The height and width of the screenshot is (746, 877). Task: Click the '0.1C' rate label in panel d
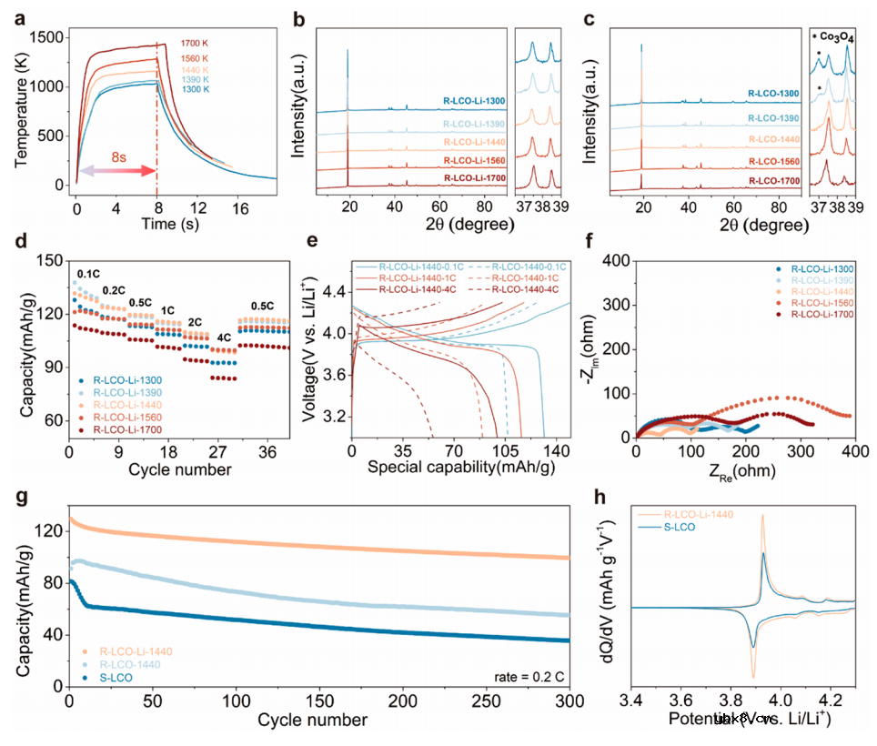pyautogui.click(x=88, y=272)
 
